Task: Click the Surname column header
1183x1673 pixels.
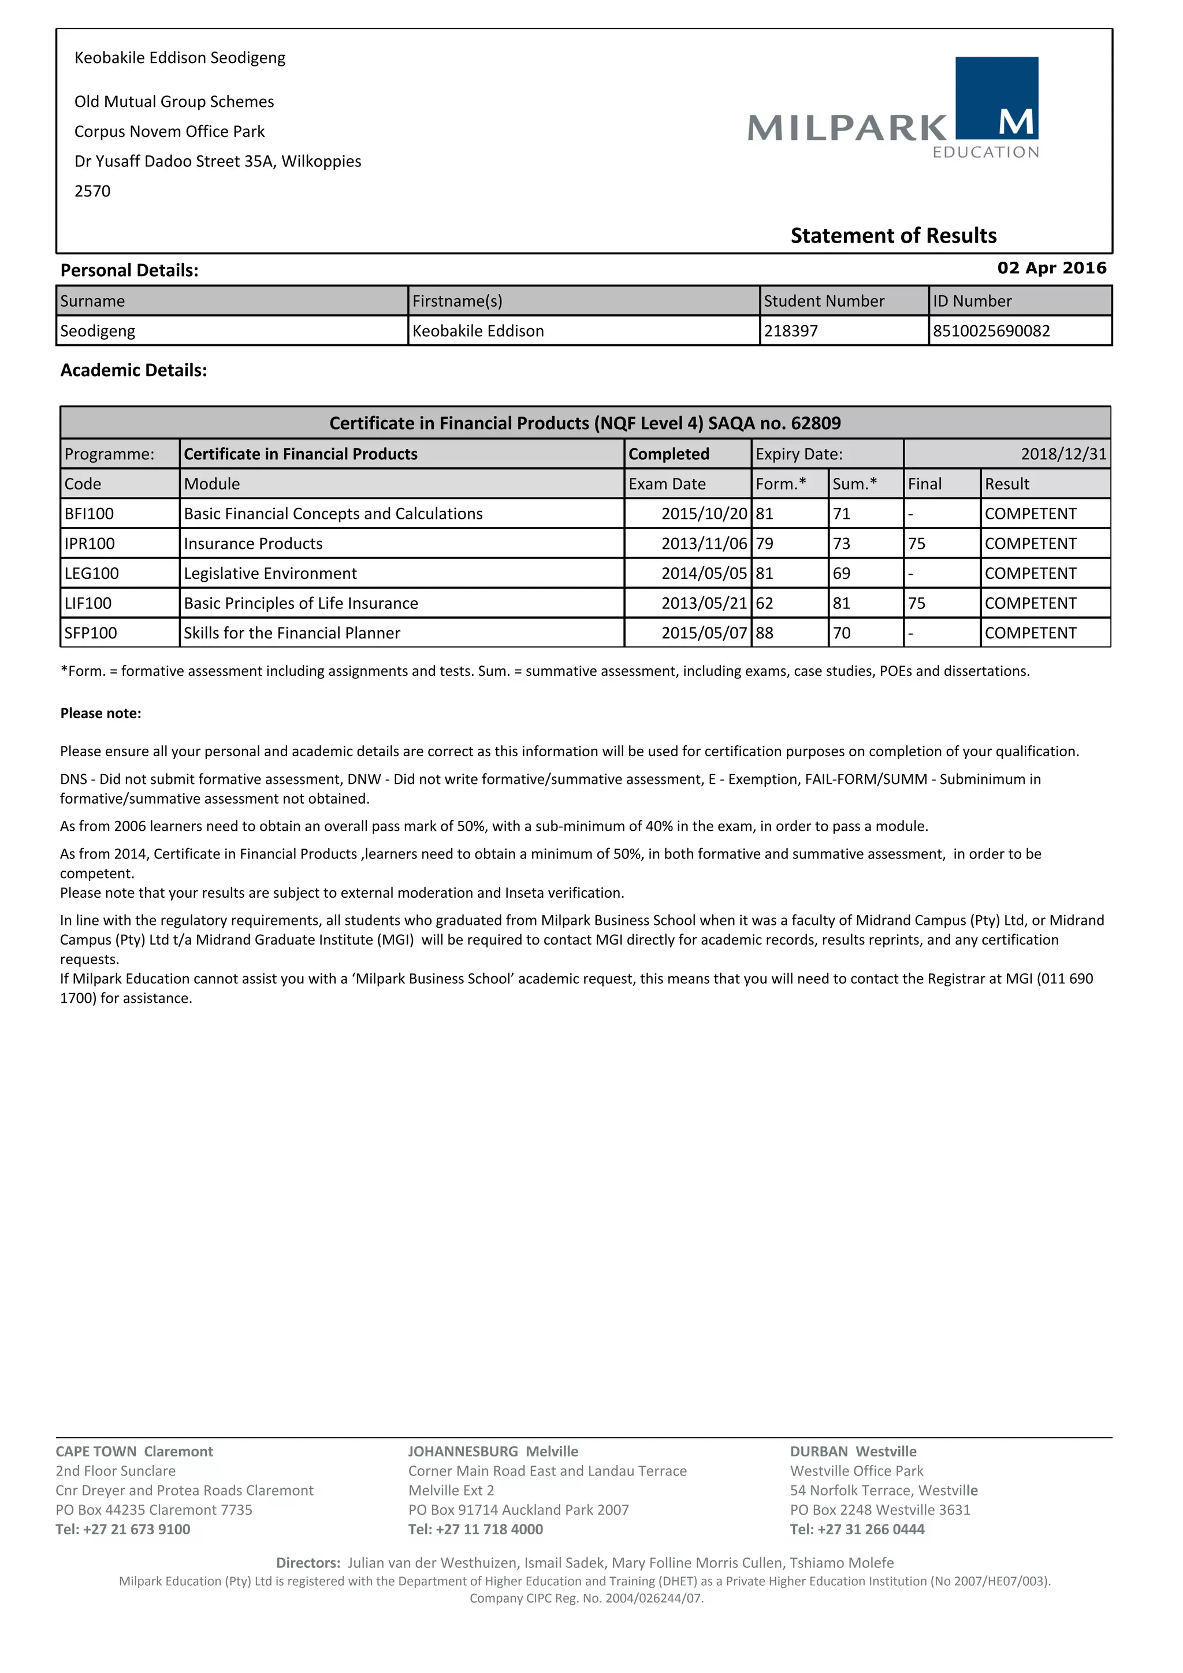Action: point(92,301)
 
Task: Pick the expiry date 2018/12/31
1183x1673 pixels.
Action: point(1063,454)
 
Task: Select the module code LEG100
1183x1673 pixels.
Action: point(91,574)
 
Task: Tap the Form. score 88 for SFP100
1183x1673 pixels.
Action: point(764,633)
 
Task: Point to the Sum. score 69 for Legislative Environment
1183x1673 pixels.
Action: point(842,574)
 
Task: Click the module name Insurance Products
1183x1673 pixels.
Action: point(253,544)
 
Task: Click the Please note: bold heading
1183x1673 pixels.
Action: point(101,713)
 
